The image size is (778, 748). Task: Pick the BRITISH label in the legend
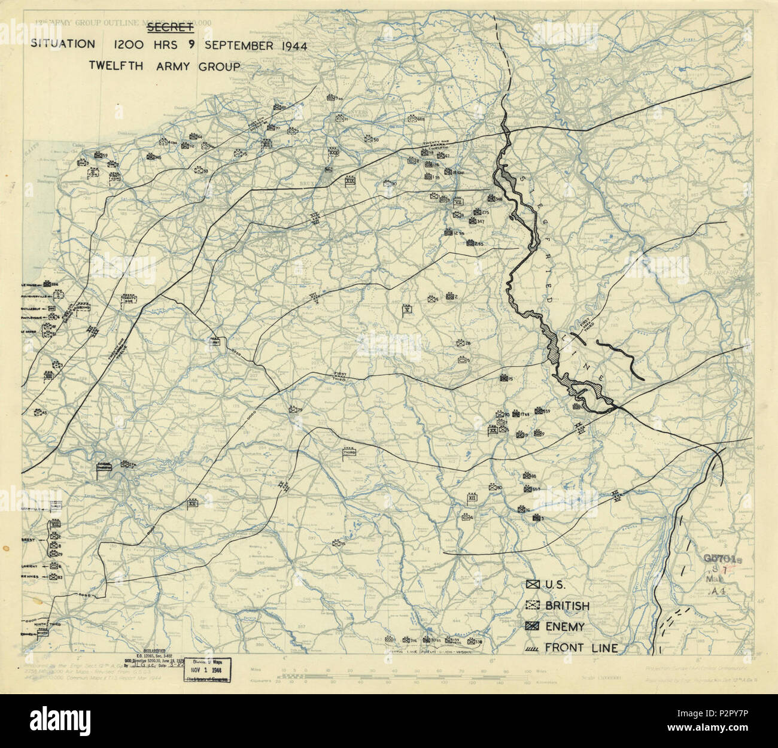567,606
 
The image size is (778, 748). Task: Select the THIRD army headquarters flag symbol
350,453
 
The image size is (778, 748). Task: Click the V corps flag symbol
408,309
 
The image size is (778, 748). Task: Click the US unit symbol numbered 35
337,543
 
